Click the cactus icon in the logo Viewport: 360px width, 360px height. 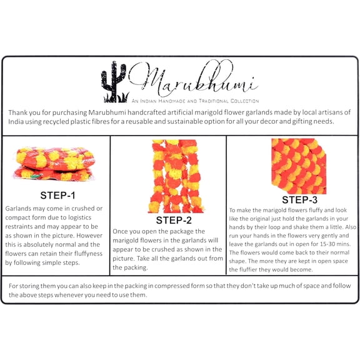tap(114, 82)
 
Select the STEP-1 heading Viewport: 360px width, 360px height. tap(57, 196)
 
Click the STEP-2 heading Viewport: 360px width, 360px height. tap(174, 220)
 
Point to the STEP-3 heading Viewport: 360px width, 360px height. tap(299, 200)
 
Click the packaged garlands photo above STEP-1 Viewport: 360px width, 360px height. tap(54, 164)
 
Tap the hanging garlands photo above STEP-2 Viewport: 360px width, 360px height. tap(176, 176)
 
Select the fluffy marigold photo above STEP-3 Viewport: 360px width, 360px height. tap(299, 166)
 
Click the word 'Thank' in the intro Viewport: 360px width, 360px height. tap(18, 112)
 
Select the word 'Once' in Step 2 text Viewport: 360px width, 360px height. tap(120, 231)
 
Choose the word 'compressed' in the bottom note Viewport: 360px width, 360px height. tap(169, 286)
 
